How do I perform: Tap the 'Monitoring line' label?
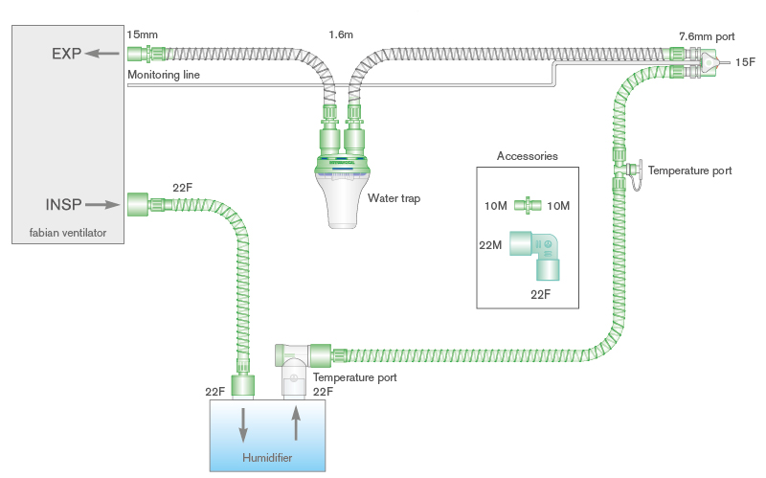click(163, 75)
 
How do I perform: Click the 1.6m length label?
click(341, 34)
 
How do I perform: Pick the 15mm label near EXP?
click(143, 34)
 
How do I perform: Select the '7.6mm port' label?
click(707, 35)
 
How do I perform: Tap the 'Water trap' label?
click(394, 198)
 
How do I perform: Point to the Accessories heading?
click(527, 156)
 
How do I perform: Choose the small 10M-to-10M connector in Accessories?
click(527, 205)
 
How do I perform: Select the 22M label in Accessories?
click(490, 245)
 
